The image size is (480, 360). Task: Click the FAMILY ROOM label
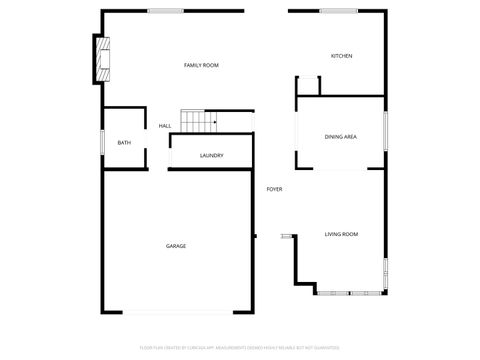coord(201,65)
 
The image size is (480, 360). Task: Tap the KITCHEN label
coord(341,56)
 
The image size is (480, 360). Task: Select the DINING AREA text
coord(341,136)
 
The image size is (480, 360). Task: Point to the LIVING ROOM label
coord(341,234)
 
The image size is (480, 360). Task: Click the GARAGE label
coord(176,246)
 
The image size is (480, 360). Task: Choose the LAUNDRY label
coord(211,155)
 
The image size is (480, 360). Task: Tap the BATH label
coord(124,143)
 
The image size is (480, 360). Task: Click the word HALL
coord(165,126)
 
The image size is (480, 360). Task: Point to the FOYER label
coord(274,189)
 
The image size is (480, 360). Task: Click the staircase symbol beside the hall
coord(199,121)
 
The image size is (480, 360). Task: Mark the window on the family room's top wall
coord(165,11)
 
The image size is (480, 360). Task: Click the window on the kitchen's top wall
coord(338,11)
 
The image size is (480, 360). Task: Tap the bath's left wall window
coord(102,143)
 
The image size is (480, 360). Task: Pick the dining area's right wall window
coord(385,132)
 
